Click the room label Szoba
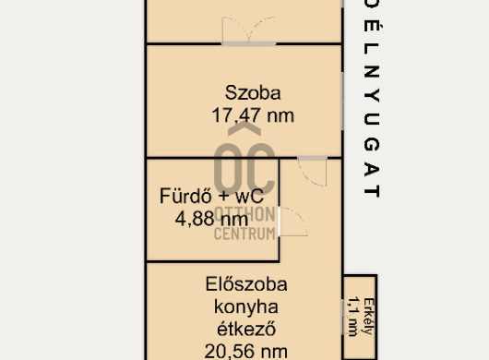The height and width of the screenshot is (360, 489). coord(253,93)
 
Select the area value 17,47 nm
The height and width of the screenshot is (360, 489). coord(253,115)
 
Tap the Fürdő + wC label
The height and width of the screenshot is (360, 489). coord(212,196)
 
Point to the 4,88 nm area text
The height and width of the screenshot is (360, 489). coord(212,219)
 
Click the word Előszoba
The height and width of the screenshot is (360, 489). coord(246,284)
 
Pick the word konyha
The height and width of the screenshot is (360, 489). coord(246,307)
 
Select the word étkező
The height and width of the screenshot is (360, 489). coord(246,330)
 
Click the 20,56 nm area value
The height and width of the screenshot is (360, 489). coord(246,352)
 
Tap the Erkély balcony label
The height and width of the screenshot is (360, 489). coord(369,317)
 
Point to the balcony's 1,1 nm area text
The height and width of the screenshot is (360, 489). coord(352,317)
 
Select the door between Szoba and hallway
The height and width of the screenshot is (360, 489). coord(313,172)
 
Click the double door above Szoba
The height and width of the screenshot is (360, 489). coord(248,30)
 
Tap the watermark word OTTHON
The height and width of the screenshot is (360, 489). coord(244,215)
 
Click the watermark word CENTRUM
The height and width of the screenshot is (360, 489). coord(244,234)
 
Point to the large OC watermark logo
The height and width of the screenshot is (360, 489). coord(244,159)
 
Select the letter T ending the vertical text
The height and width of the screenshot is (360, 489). coord(372,191)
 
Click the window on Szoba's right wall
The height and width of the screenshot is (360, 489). coord(342,102)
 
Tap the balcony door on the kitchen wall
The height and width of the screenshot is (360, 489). coord(342,317)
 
